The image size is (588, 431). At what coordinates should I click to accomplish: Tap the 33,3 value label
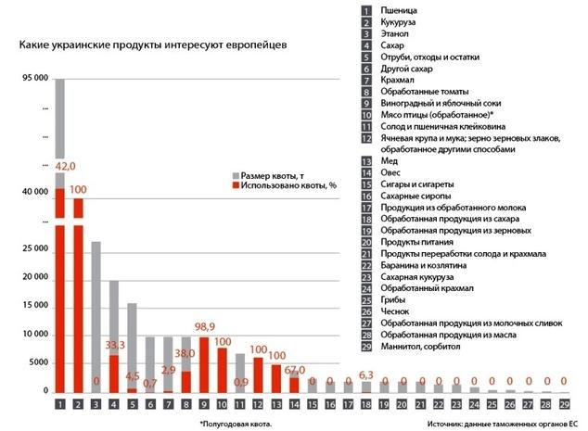click(x=115, y=345)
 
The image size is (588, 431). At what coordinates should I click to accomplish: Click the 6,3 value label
click(x=366, y=374)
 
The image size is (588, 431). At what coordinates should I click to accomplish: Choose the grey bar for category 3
click(x=96, y=315)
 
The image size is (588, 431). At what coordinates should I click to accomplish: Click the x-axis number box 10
click(x=222, y=404)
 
